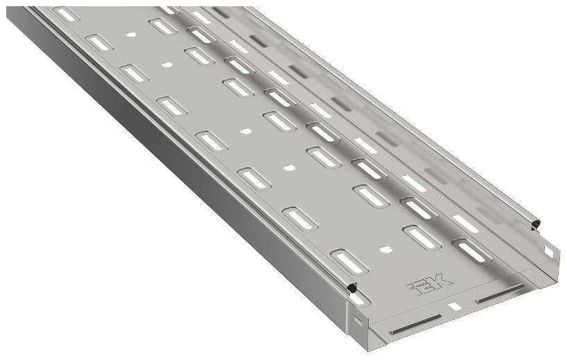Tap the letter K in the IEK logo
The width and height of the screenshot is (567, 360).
(441, 280)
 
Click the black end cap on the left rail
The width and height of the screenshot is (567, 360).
(351, 288)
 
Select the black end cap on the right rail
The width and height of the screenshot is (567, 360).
(536, 224)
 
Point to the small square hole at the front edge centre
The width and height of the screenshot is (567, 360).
(454, 307)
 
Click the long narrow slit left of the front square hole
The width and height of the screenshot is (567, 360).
(416, 323)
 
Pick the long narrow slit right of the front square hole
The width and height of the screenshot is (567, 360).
(501, 293)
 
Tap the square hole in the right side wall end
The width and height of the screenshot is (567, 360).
(549, 252)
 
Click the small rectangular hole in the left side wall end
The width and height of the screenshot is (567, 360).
(358, 319)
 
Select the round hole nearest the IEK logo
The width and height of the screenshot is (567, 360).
(386, 249)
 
